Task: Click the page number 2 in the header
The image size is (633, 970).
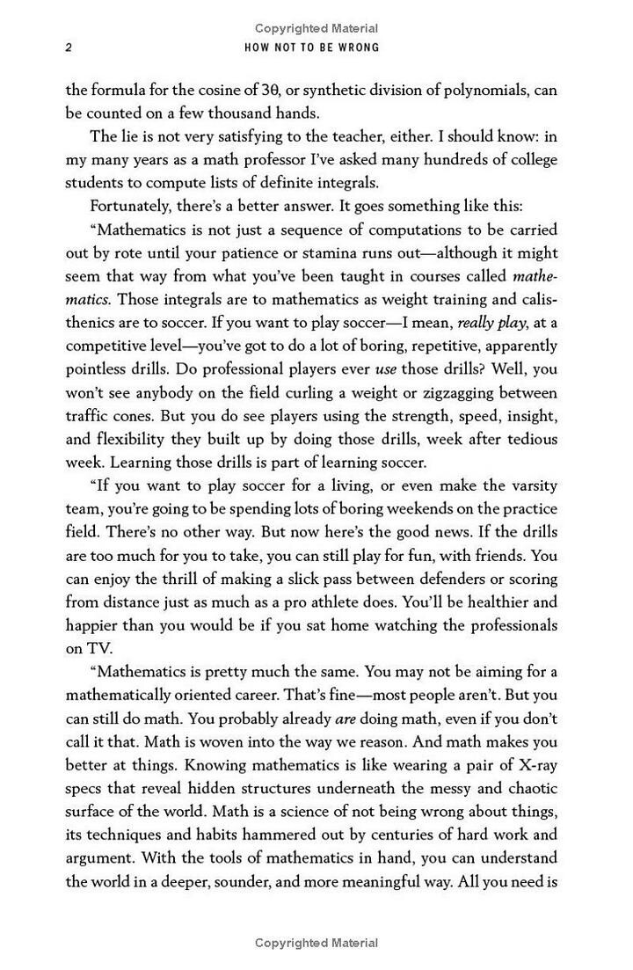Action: (x=69, y=47)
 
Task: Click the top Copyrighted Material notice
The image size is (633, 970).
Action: (x=316, y=28)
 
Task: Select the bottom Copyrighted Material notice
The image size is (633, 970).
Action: (x=316, y=943)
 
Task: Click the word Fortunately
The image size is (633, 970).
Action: (x=133, y=207)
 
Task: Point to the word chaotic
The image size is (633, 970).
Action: (x=531, y=789)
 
